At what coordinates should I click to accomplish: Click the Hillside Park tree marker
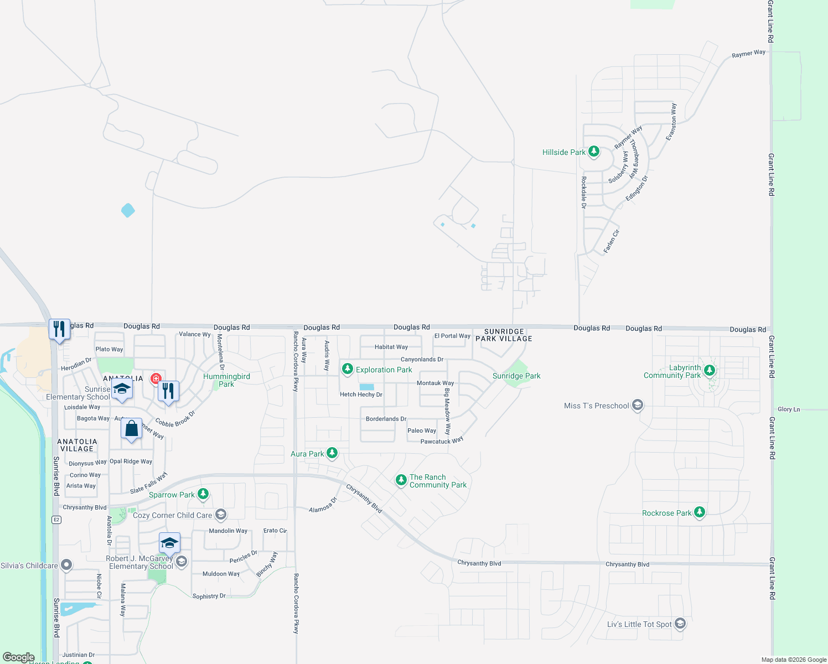click(594, 151)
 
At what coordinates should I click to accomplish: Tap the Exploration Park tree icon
click(347, 369)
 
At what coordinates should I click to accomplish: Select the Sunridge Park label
click(516, 376)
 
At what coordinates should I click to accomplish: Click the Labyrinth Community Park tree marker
click(710, 371)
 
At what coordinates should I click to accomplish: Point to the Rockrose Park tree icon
click(700, 512)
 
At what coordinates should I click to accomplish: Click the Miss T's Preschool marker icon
click(638, 406)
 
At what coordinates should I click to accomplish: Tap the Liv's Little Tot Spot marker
click(680, 624)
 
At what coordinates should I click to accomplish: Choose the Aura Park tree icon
click(332, 454)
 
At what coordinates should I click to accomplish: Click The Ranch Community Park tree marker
click(401, 480)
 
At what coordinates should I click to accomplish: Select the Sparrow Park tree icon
click(203, 494)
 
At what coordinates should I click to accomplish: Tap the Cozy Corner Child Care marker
click(221, 515)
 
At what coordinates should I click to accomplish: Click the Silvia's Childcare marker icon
click(66, 566)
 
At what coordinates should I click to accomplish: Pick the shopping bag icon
click(131, 429)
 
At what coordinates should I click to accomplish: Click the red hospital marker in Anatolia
click(156, 379)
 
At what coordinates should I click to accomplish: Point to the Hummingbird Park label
click(226, 380)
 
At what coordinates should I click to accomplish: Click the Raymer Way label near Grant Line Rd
click(748, 54)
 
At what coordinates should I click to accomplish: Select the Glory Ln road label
click(789, 409)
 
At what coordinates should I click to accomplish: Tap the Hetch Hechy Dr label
click(361, 395)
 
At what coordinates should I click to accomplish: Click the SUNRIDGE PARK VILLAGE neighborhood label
click(504, 335)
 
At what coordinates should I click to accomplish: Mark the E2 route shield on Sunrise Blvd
click(56, 520)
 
